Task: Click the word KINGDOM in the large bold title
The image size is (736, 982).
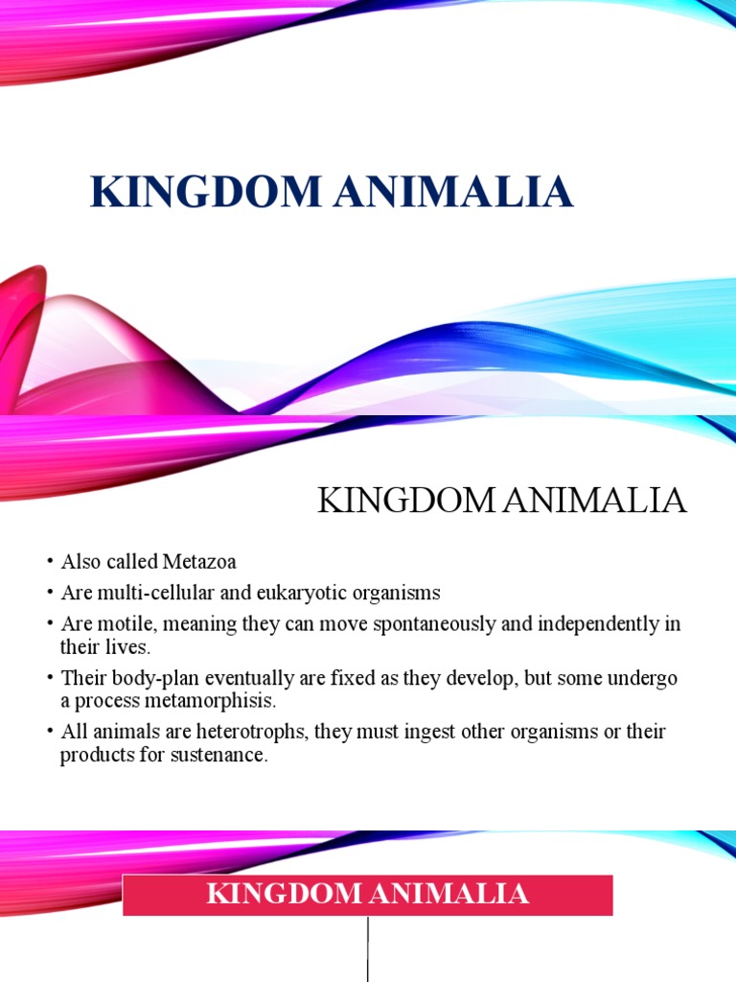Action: pos(205,191)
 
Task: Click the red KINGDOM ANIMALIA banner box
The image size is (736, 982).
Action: pos(368,895)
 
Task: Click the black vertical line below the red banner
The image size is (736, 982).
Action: pos(368,949)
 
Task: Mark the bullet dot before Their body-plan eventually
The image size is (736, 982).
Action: pos(47,679)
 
